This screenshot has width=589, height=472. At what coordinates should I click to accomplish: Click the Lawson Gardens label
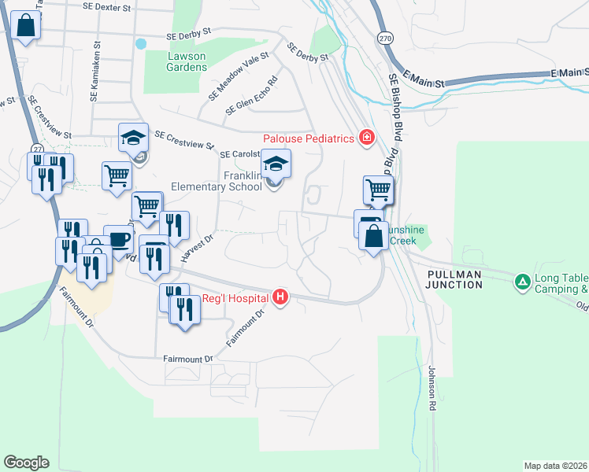[186, 61]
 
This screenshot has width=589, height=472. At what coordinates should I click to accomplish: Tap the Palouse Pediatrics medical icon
[366, 138]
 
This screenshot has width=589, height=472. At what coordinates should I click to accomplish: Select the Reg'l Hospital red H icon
[279, 297]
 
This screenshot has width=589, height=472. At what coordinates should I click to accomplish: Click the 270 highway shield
[384, 38]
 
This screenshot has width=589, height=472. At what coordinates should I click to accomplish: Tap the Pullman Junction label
[454, 278]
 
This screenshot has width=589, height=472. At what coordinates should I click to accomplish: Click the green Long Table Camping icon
[521, 281]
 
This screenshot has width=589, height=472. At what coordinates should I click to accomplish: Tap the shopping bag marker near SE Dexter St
[26, 26]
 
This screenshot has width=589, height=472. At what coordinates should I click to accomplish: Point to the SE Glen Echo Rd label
[251, 96]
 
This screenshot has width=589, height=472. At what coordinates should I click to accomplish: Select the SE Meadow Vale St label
[239, 76]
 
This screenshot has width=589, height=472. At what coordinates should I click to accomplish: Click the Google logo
[26, 463]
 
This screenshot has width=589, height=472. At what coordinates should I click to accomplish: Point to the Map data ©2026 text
[554, 466]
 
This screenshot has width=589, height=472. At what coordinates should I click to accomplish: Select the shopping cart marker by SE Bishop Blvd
[378, 190]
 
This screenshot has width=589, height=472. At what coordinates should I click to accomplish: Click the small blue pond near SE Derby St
[140, 43]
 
